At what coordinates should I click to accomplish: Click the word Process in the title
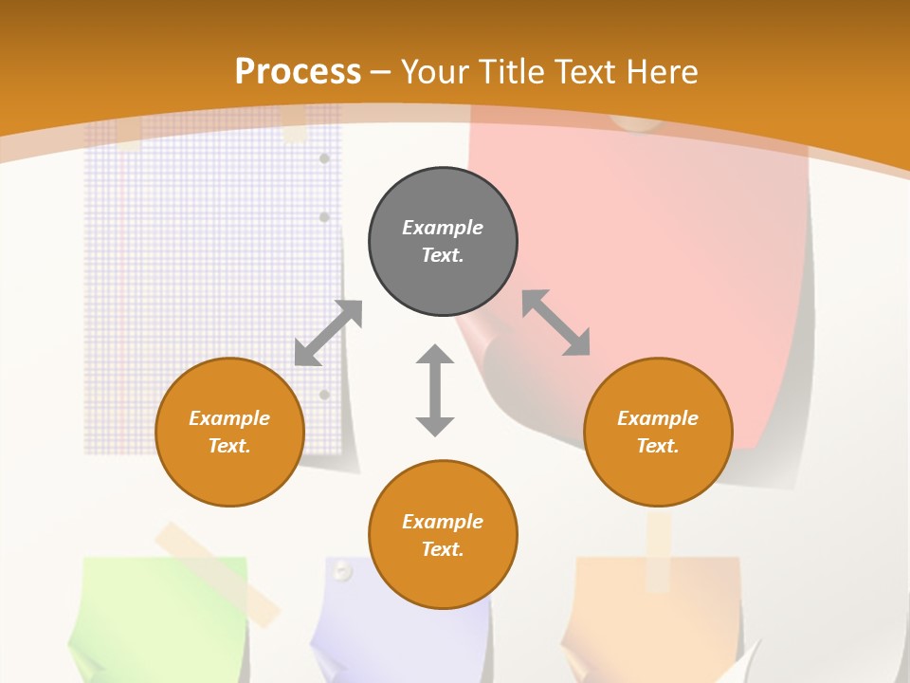298,71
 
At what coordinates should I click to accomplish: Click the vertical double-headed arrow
435,390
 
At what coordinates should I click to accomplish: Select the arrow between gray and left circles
328,333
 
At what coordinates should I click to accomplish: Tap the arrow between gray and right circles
556,323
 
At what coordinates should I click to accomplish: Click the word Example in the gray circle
443,228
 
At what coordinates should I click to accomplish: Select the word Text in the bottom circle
443,549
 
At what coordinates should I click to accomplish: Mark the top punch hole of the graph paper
324,158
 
